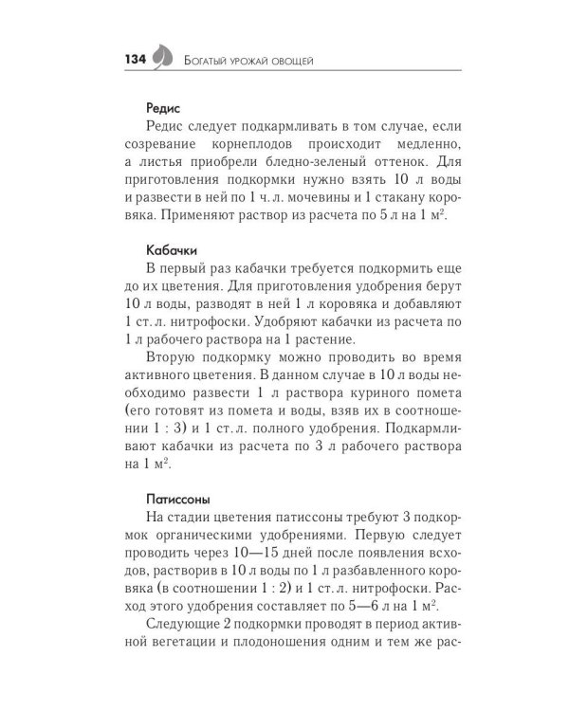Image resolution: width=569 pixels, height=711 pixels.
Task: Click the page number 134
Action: click(x=134, y=60)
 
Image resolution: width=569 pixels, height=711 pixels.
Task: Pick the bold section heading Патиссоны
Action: click(x=177, y=497)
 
